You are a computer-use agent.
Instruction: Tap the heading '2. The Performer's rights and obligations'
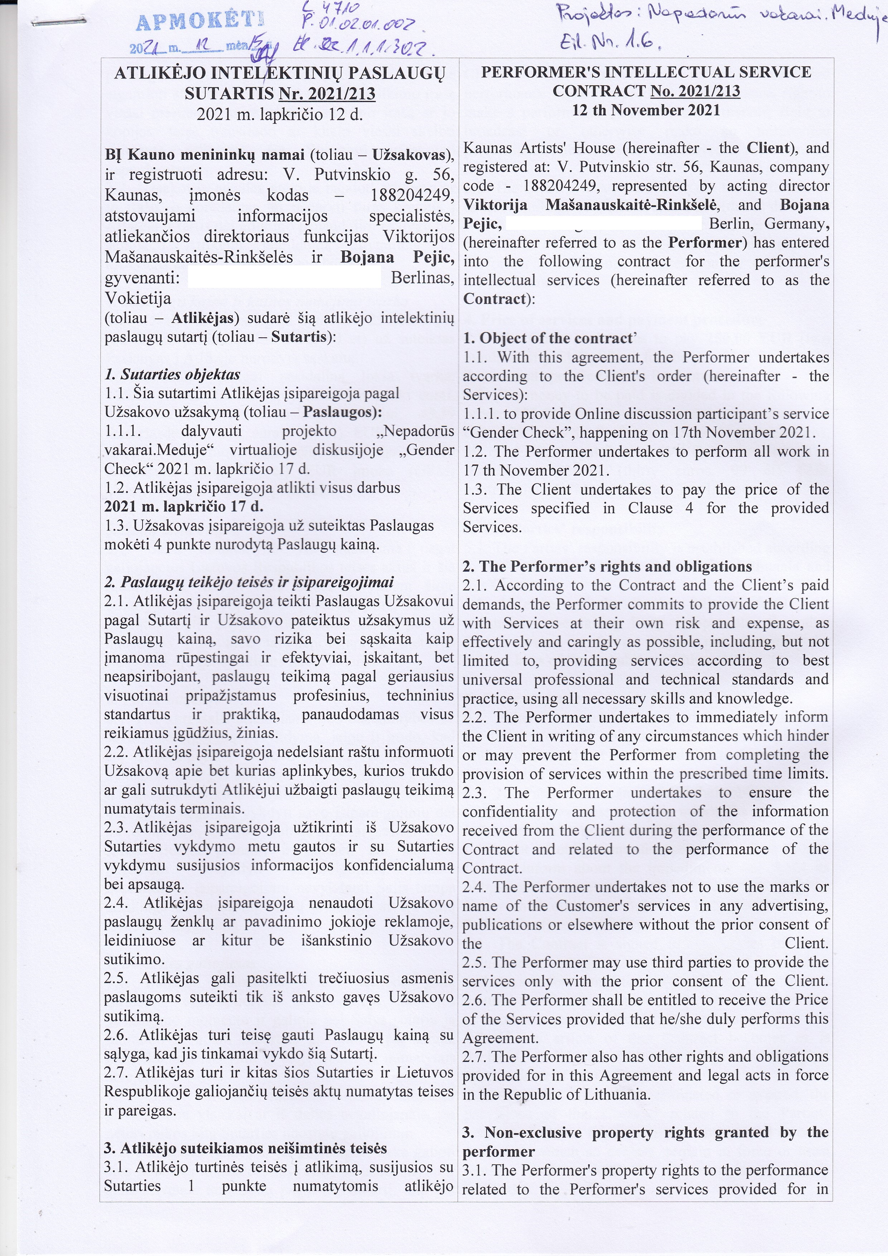point(607,566)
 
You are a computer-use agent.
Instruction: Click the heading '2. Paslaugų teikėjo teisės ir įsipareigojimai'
point(249,583)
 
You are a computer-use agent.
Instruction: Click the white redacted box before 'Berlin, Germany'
point(604,223)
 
